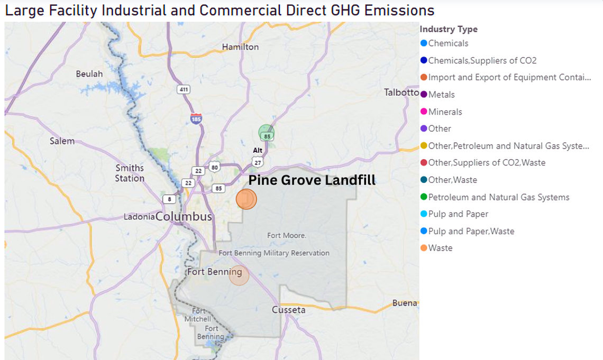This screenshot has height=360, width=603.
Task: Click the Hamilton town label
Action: [x=240, y=47]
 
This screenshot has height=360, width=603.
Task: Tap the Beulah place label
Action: [x=89, y=73]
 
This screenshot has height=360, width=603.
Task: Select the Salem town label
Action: [x=62, y=141]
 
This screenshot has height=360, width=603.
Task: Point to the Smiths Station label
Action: [x=130, y=173]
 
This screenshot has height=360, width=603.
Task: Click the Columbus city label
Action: [x=184, y=217]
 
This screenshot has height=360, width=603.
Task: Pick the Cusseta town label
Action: [x=289, y=310]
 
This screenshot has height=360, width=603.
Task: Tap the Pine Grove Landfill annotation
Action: [x=312, y=180]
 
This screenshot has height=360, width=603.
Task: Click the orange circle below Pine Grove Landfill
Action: [x=246, y=199]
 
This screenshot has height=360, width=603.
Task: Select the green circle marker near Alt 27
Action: [x=267, y=133]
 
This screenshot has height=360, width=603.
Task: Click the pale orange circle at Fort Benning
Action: [x=239, y=275]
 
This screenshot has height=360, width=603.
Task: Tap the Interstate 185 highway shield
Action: [x=196, y=118]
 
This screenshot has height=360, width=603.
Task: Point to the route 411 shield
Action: [x=184, y=89]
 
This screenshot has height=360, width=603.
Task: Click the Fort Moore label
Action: [x=287, y=235]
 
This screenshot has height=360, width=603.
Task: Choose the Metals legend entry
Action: [x=441, y=95]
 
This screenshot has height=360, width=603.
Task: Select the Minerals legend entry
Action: [x=445, y=112]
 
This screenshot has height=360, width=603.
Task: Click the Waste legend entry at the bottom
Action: [x=440, y=248]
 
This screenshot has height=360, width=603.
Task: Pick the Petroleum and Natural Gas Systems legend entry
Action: [x=498, y=197]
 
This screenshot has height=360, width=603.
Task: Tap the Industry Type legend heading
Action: [x=449, y=29]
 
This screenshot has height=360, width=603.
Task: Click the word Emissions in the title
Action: [x=397, y=10]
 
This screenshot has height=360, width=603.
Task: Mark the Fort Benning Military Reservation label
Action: [x=274, y=253]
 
